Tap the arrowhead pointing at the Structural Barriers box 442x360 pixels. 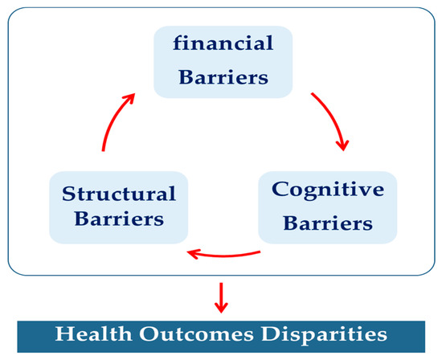click(x=193, y=255)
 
